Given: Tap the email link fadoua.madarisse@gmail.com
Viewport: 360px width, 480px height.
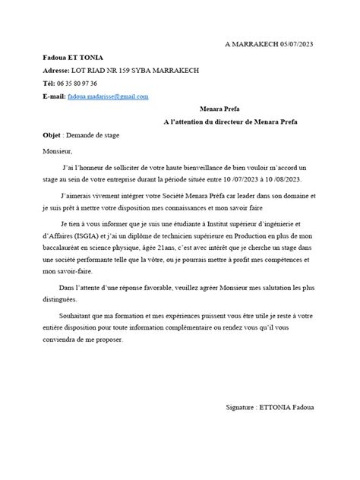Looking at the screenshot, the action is [108, 96].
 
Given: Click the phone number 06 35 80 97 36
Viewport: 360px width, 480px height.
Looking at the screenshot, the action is [84, 84].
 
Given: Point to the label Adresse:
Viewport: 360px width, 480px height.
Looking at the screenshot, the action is [59, 71].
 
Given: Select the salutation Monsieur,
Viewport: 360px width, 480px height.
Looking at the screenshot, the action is [60, 151].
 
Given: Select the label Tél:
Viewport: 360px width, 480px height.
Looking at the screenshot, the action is [50, 84].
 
